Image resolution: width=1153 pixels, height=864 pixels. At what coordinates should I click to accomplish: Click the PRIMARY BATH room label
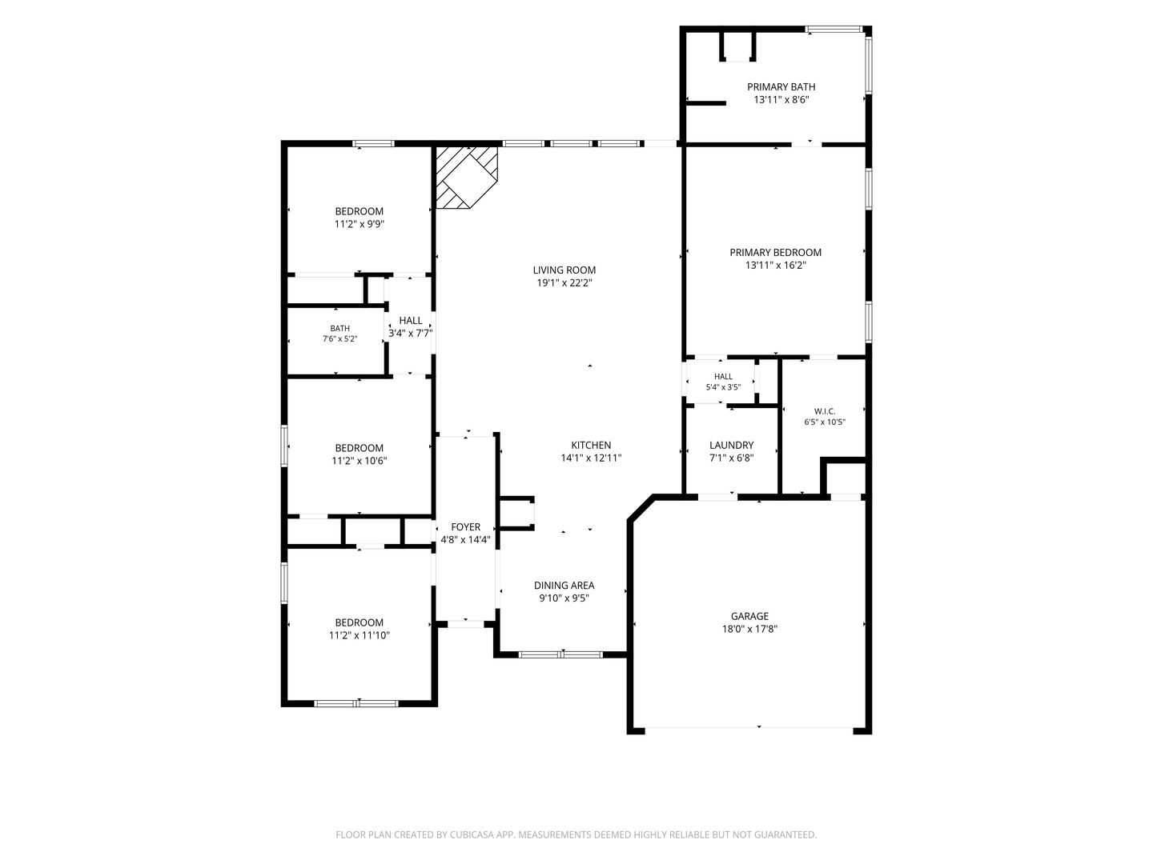(781, 87)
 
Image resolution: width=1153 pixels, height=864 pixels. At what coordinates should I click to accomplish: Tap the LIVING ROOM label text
(564, 270)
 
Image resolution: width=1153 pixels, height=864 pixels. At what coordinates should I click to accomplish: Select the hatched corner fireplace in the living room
(467, 178)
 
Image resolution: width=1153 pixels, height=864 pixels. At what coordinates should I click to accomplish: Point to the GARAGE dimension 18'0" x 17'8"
(749, 629)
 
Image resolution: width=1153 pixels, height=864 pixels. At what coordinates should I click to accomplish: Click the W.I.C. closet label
(825, 411)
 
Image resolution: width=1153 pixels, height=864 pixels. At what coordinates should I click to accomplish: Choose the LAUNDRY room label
(731, 445)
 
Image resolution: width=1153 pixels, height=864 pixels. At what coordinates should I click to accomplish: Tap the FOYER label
(465, 527)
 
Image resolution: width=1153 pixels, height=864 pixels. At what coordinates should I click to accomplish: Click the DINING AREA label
(564, 586)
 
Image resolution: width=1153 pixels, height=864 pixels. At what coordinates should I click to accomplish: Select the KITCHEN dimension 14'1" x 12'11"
(591, 458)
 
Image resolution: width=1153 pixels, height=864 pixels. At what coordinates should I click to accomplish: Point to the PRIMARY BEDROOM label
(775, 252)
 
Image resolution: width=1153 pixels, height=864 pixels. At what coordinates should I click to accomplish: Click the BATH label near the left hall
(339, 328)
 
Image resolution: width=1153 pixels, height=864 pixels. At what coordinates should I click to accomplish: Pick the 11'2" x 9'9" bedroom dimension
(360, 224)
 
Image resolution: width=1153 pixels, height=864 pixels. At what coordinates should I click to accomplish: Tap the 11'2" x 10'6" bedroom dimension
(360, 461)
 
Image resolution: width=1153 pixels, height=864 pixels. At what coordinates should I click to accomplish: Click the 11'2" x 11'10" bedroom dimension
(360, 635)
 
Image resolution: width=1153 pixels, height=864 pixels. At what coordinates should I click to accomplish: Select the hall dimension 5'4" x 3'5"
(723, 387)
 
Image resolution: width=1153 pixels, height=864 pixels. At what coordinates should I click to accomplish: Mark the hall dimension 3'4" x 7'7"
(410, 333)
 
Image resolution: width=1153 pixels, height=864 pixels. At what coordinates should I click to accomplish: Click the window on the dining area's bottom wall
(561, 654)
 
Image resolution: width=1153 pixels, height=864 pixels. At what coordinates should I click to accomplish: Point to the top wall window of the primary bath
(834, 30)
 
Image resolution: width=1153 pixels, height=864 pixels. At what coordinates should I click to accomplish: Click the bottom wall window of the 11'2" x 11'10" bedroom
(356, 703)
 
